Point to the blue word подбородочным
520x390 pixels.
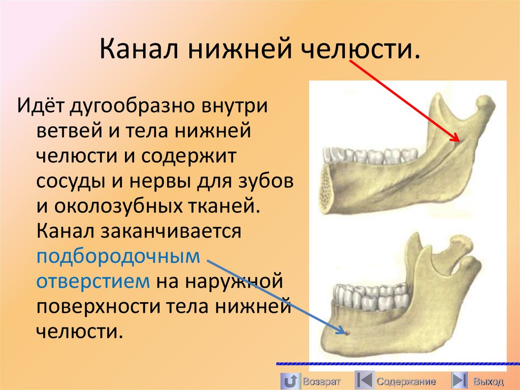(x=119, y=257)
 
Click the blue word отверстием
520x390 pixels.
(x=93, y=281)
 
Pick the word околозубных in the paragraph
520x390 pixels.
(x=123, y=207)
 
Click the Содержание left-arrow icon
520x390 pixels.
(x=364, y=380)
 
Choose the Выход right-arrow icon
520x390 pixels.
(x=460, y=380)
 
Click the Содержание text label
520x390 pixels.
(x=406, y=381)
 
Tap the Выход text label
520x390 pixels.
(x=488, y=381)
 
